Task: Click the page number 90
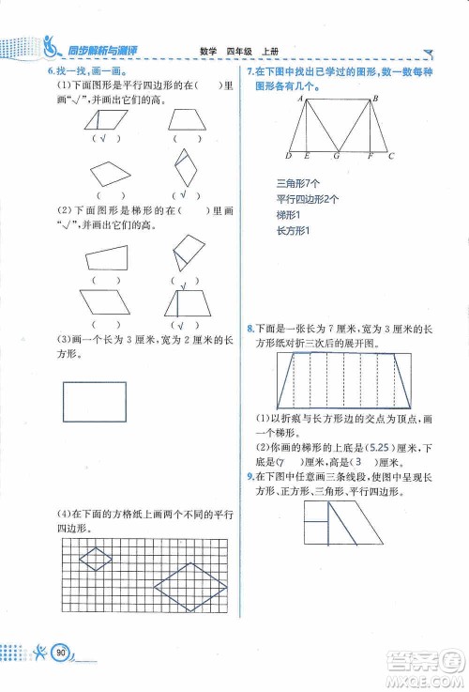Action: pyautogui.click(x=62, y=651)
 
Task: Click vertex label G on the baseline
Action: pyautogui.click(x=336, y=156)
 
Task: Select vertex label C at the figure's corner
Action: pyautogui.click(x=391, y=156)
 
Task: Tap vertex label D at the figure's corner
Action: pyautogui.click(x=288, y=156)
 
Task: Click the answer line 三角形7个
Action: pyautogui.click(x=298, y=182)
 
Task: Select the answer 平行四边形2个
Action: pyautogui.click(x=308, y=199)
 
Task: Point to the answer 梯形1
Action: pyautogui.click(x=291, y=215)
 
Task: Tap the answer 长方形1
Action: pyautogui.click(x=293, y=231)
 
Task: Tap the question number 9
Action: pyautogui.click(x=249, y=478)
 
